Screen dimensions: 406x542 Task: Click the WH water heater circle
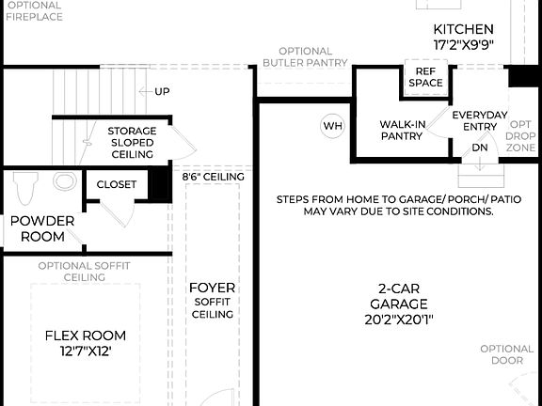(333, 126)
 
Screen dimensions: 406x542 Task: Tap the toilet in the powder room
(25, 187)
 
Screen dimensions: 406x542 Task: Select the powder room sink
(65, 181)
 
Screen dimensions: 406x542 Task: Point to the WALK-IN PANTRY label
(402, 130)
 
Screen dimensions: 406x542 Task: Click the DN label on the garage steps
(480, 148)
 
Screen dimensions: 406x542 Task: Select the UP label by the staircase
(163, 91)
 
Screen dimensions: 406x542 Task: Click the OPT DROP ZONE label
(521, 136)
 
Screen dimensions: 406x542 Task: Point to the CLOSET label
(117, 184)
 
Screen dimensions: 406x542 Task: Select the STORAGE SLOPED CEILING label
(131, 142)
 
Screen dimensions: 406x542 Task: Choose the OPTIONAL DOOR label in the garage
(507, 354)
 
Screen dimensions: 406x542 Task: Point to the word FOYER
(212, 288)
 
